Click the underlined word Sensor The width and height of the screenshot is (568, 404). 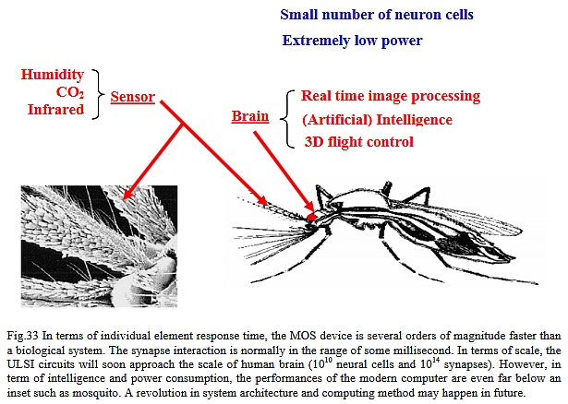(x=133, y=97)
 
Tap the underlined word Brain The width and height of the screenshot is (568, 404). (x=250, y=116)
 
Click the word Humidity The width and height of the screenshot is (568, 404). (x=52, y=75)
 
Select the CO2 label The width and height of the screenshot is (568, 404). (x=70, y=92)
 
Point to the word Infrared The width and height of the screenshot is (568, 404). (x=55, y=109)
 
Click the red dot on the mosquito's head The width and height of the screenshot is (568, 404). (x=311, y=217)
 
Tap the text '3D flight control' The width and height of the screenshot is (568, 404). (x=358, y=142)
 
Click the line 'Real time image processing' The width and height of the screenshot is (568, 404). (x=391, y=96)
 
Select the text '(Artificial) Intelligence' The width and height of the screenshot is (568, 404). (x=377, y=120)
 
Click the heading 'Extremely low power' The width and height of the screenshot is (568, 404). (x=352, y=41)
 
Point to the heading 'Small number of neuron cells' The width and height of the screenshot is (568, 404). (x=377, y=15)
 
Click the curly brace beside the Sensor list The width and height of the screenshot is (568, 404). (x=98, y=94)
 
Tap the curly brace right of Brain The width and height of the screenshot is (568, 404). (x=286, y=119)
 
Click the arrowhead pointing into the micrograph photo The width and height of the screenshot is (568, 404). (x=127, y=193)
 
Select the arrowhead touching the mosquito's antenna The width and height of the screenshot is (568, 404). (x=262, y=200)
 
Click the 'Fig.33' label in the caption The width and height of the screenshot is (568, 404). (x=22, y=336)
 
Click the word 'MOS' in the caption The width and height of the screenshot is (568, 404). (x=300, y=336)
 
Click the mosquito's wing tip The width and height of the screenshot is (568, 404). (x=522, y=230)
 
